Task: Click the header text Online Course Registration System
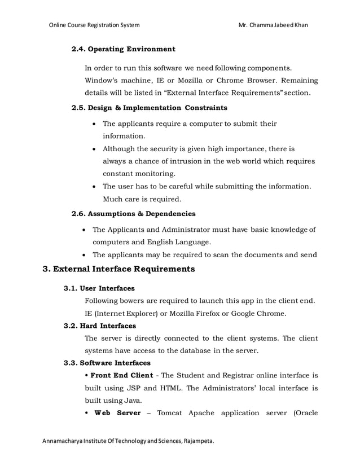tap(94, 25)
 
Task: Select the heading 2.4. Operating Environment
tap(123, 49)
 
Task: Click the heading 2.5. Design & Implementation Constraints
tap(149, 107)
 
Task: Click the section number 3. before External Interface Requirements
tap(47, 269)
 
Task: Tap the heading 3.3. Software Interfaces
tap(107, 363)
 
